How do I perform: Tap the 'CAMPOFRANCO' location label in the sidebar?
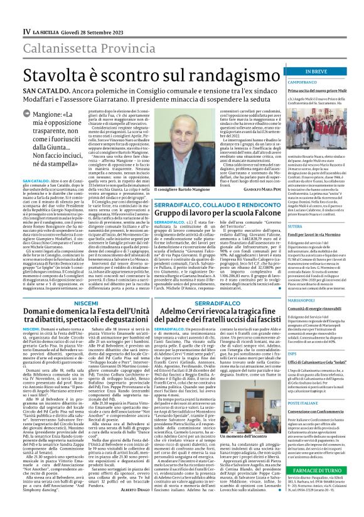[302, 82]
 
